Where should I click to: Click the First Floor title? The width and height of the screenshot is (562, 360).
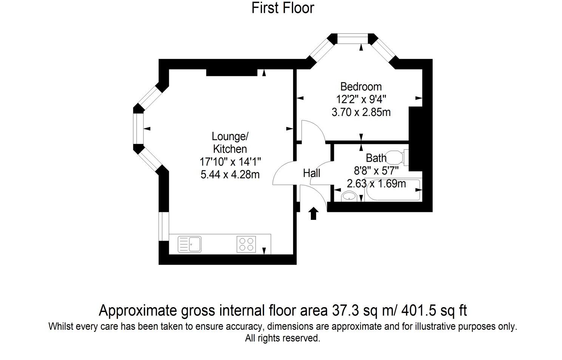[283, 8]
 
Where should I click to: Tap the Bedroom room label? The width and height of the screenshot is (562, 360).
[361, 87]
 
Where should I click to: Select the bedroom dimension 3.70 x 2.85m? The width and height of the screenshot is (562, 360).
[361, 112]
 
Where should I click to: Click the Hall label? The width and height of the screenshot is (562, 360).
[312, 173]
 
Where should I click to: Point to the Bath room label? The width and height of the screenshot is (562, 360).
[376, 158]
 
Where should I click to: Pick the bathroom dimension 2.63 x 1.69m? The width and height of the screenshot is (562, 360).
[376, 184]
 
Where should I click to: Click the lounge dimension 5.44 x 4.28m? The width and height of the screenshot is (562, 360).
[230, 175]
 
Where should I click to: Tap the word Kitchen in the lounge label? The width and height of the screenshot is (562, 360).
[230, 149]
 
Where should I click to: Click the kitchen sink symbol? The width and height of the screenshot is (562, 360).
[190, 244]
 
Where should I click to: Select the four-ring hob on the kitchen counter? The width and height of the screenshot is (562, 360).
[246, 244]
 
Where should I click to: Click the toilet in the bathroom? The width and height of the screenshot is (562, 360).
[397, 158]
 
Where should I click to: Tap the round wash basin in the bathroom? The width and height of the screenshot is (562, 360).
[349, 196]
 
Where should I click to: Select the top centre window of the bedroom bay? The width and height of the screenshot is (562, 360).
[352, 37]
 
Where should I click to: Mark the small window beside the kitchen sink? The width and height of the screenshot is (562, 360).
[164, 226]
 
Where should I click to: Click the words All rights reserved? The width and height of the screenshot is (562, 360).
[283, 338]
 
